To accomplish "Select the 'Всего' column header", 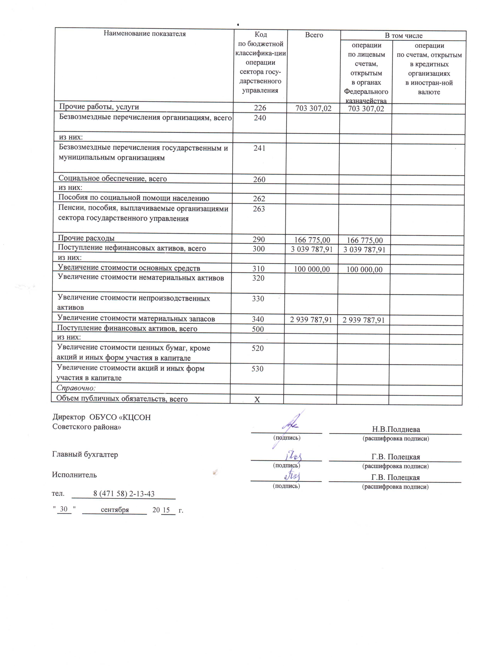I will pos(314,35).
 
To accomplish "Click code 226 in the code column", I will pos(260,108).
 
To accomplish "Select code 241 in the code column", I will pos(259,148).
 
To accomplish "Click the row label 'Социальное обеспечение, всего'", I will pos(113,179).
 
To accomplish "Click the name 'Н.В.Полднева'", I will pos(396,429).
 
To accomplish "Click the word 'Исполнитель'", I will pos(74,475).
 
